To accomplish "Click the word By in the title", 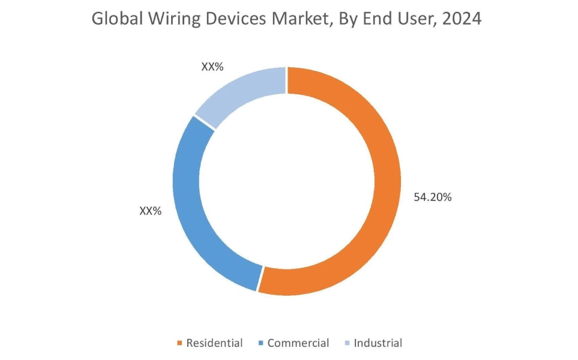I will coord(348,19).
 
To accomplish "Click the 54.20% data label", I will coord(432,196).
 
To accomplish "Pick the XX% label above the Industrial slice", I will coord(212,67).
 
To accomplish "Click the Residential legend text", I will coord(214,343).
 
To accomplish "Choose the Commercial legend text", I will coord(298,343).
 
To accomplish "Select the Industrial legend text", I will coord(378,343).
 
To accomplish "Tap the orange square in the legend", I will coord(179,344).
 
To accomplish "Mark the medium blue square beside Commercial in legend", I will coord(260,344).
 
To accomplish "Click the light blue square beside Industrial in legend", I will coord(347,344).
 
